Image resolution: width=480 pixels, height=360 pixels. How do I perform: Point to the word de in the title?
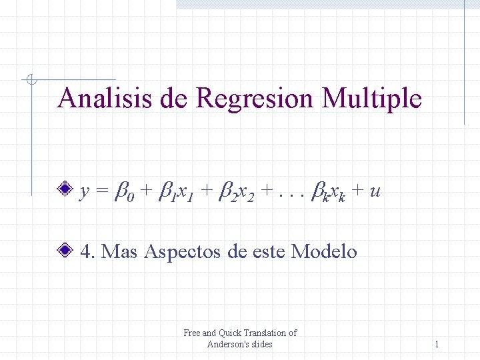point(175,99)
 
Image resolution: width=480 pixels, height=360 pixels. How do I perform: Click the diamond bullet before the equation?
point(65,191)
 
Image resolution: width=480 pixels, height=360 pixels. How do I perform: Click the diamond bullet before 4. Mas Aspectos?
point(65,251)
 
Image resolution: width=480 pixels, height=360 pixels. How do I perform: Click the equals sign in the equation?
point(101,192)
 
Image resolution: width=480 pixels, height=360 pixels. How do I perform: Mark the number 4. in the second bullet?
point(87,251)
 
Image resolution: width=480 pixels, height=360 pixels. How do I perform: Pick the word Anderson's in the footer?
point(228,344)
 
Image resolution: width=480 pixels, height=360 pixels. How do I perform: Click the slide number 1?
point(437,344)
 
